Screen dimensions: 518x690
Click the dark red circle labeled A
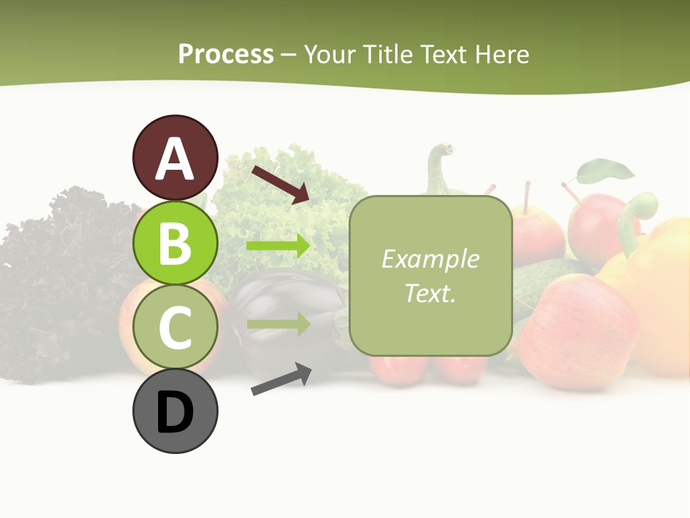coord(175,158)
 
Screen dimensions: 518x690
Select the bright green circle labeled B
coord(175,243)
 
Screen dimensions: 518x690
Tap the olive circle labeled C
coord(175,327)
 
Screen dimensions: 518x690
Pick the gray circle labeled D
coord(175,411)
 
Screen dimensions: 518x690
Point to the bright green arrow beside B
coord(278,246)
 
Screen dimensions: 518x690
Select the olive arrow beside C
coord(278,324)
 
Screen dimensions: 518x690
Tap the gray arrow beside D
coord(281,380)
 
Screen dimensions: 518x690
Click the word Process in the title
coord(226,55)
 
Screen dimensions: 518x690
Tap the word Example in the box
coord(430,259)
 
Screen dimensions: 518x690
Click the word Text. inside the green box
coord(430,293)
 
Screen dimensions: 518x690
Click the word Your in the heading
coord(331,55)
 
